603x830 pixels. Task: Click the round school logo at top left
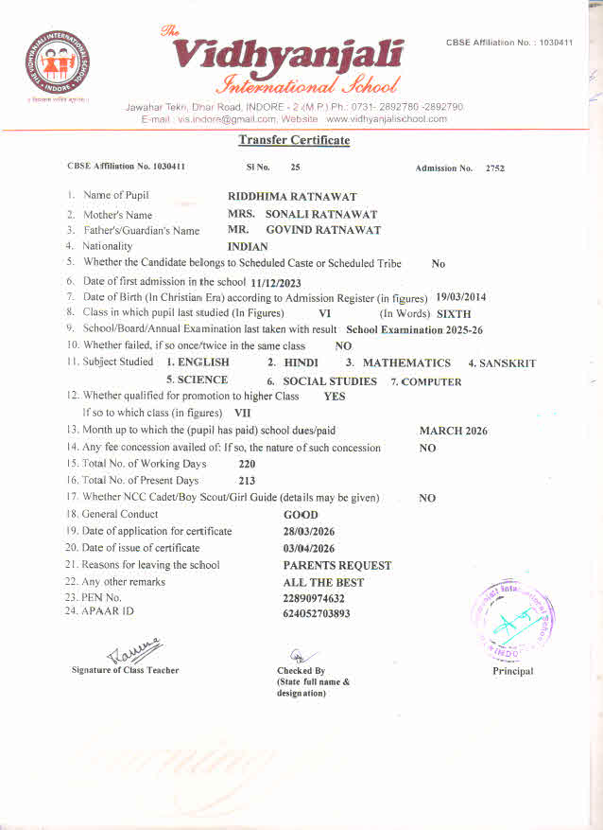tap(58, 66)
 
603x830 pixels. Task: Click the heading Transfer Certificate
tap(294, 140)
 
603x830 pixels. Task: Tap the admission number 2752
tap(495, 168)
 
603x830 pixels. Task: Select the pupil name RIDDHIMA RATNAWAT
tap(293, 197)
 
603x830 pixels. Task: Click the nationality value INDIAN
tap(249, 247)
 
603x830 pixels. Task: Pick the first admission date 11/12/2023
tap(275, 282)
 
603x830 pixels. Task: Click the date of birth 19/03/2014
tap(461, 297)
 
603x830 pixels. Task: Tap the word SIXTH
tap(454, 314)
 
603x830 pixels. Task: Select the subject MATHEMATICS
tap(406, 363)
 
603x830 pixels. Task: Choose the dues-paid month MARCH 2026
tap(454, 432)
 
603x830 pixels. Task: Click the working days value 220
tap(248, 465)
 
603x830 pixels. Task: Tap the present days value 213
tap(248, 481)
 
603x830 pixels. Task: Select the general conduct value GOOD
tap(301, 515)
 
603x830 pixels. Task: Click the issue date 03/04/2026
tap(309, 548)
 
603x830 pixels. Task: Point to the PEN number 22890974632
tap(314, 598)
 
